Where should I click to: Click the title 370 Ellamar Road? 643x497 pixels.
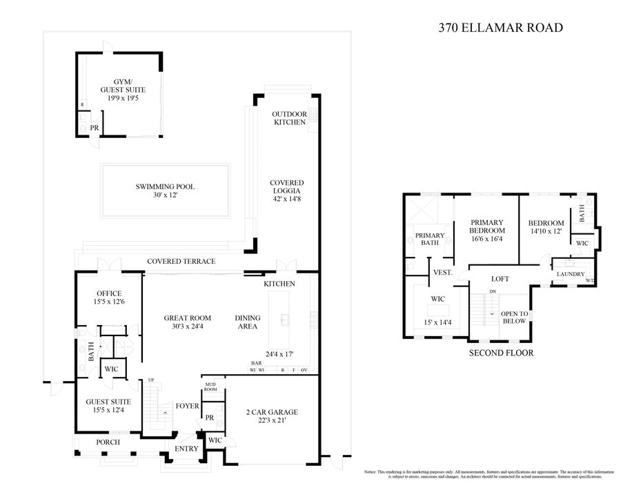pos(501,28)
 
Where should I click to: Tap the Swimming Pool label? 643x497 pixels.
pos(165,186)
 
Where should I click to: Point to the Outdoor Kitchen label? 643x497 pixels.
pos(288,118)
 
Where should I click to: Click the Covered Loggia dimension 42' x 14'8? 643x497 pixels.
pos(287,199)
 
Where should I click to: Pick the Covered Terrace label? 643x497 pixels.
pos(181,262)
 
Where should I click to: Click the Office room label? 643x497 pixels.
pos(109,293)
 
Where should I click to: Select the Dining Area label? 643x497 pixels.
pos(248,322)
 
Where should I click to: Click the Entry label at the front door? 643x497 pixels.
pos(186,449)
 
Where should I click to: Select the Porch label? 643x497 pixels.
pos(108,442)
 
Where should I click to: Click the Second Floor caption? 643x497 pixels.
pos(502,353)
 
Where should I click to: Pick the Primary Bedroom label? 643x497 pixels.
pos(487,226)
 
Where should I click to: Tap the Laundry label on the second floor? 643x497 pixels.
pos(570,274)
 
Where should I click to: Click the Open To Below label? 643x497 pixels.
pos(514,318)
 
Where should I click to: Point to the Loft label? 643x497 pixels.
pos(499,279)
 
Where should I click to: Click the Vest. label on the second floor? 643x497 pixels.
pos(442,273)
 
